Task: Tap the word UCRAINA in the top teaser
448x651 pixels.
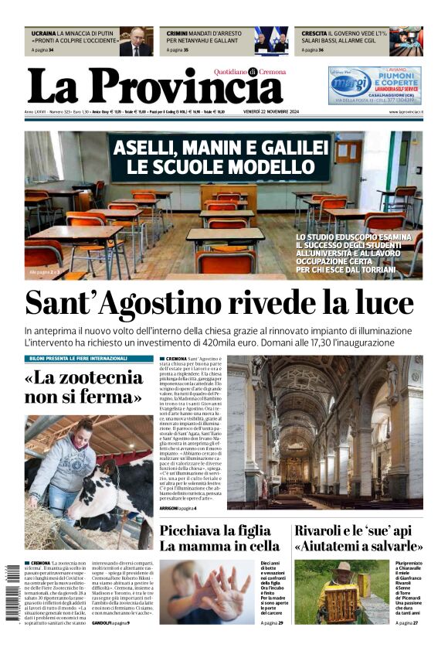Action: click(43, 34)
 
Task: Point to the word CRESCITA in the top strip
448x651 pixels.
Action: click(313, 34)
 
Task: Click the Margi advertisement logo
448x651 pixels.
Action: click(351, 83)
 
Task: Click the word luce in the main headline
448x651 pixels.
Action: click(380, 302)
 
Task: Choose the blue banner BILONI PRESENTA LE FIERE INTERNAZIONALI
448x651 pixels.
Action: click(89, 359)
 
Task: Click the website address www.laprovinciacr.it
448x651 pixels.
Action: click(403, 112)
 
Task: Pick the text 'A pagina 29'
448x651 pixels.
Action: click(273, 622)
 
